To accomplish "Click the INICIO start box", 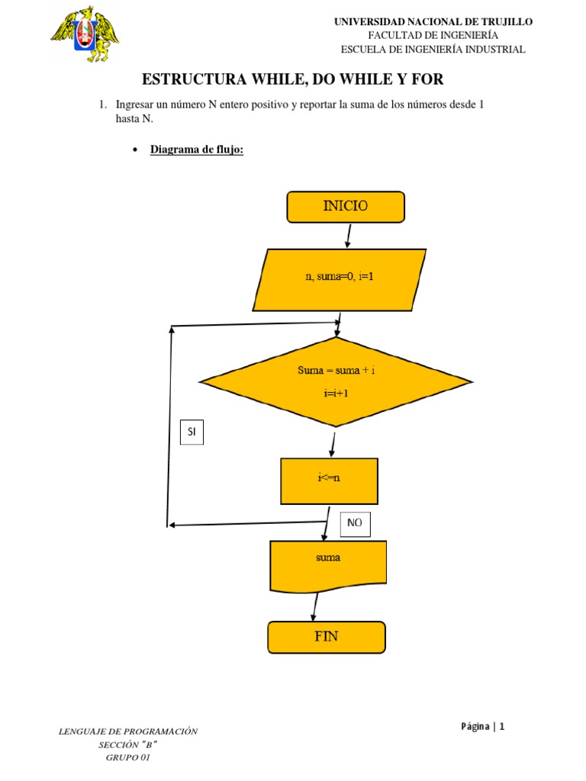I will pyautogui.click(x=346, y=207).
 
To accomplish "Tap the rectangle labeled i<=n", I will pyautogui.click(x=329, y=481).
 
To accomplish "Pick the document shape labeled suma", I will pyautogui.click(x=328, y=565).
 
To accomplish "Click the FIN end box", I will pyautogui.click(x=326, y=637).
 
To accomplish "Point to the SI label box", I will pyautogui.click(x=192, y=432).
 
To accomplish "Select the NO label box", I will pyautogui.click(x=354, y=523).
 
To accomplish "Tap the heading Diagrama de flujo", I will pyautogui.click(x=196, y=149).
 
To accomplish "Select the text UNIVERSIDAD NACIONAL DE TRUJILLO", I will pyautogui.click(x=433, y=22).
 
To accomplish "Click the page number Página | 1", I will pyautogui.click(x=482, y=726).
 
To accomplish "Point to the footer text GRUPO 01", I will pyautogui.click(x=128, y=757).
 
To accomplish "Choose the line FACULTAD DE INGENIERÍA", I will pyautogui.click(x=433, y=36).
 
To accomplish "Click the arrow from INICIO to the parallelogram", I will pyautogui.click(x=349, y=235).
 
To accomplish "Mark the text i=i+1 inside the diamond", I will pyautogui.click(x=336, y=394).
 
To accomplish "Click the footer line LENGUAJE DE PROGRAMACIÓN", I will pyautogui.click(x=128, y=731).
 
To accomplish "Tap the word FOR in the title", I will pyautogui.click(x=426, y=79).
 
